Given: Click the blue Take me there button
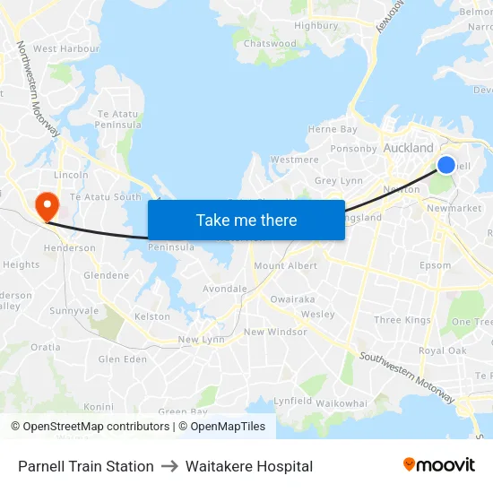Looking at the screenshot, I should (246, 220).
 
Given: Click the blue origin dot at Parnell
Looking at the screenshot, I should (446, 165).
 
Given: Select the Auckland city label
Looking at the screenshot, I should (408, 148).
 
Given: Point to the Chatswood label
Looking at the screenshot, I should (270, 43).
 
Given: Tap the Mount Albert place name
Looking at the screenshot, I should (285, 266).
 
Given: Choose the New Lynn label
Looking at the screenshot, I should (201, 340).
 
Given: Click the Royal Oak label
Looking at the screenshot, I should (442, 351).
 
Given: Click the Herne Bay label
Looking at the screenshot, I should (333, 130).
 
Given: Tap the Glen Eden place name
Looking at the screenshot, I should (122, 359).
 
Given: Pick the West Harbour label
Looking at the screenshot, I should (65, 48).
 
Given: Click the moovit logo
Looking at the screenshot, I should (438, 465).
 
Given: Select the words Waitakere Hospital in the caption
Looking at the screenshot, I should (249, 466).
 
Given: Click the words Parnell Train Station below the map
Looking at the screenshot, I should (86, 466).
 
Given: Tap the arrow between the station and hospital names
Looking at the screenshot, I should (169, 466).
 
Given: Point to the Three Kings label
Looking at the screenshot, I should (402, 320).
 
